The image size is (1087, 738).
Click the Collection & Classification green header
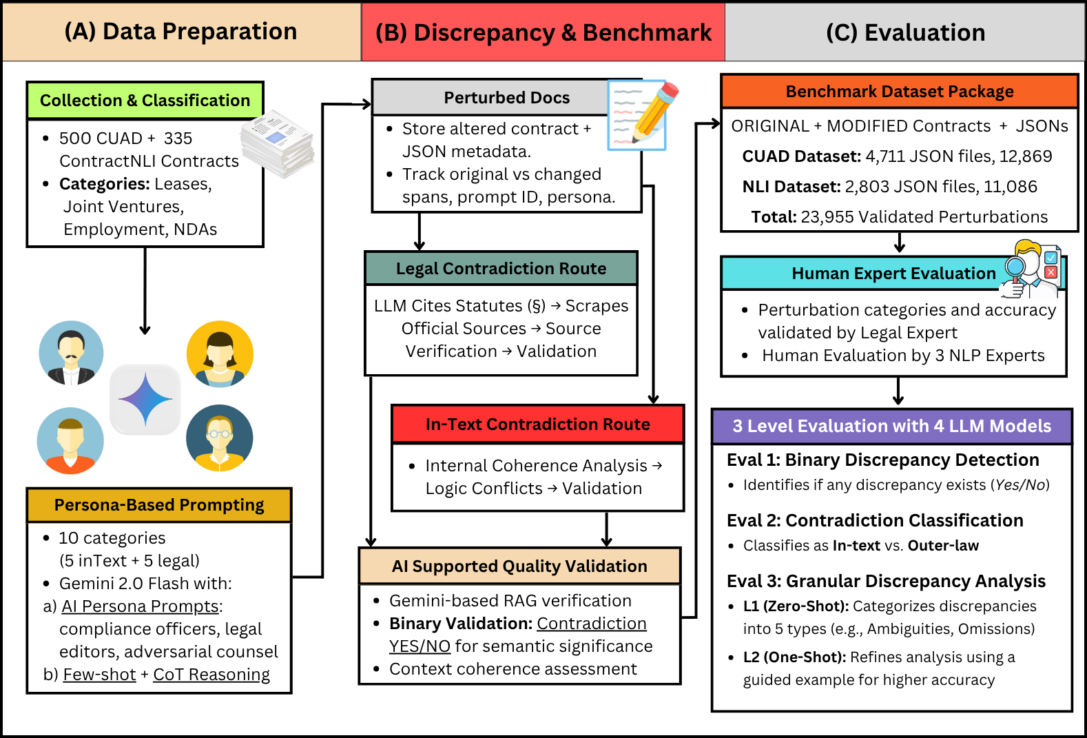(x=145, y=101)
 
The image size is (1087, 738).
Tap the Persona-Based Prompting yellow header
(x=159, y=505)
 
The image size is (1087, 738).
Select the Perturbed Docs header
(x=506, y=98)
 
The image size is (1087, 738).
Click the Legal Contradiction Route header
(x=501, y=269)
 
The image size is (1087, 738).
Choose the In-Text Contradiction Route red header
(x=537, y=424)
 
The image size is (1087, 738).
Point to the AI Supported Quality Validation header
(x=519, y=566)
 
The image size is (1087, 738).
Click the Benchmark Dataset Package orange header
(x=899, y=92)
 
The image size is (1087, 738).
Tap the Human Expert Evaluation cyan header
(x=893, y=274)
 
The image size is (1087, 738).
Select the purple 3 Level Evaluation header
(x=891, y=427)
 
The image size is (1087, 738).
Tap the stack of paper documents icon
(x=278, y=143)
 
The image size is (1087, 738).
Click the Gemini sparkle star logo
(x=145, y=400)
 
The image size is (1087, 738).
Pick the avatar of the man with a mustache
(x=72, y=353)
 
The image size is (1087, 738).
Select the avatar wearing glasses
(x=220, y=438)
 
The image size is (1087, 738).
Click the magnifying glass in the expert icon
(x=1015, y=267)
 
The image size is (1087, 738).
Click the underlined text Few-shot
(x=99, y=675)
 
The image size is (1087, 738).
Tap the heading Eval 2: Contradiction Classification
(x=875, y=521)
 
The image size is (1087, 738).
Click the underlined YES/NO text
(x=420, y=646)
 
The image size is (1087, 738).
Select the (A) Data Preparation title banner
(x=181, y=32)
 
